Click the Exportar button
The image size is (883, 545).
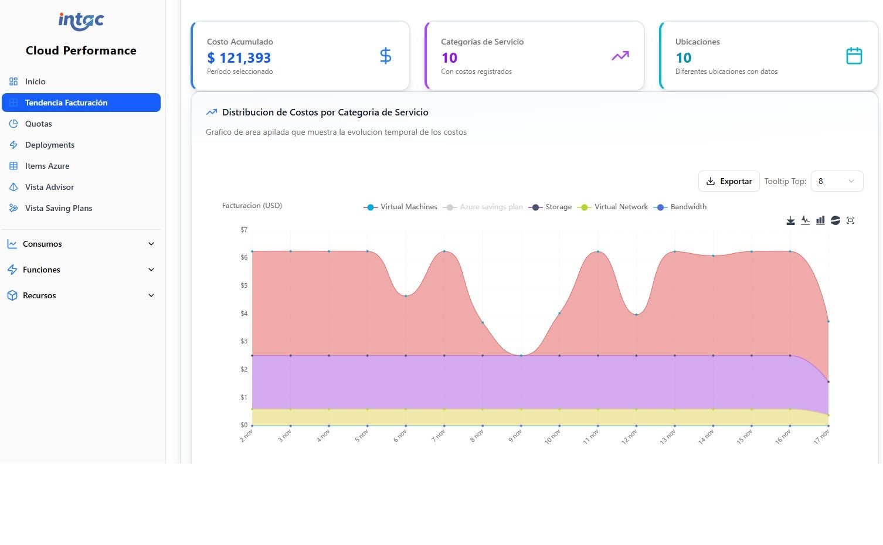[729, 182]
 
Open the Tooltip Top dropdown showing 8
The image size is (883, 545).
[837, 182]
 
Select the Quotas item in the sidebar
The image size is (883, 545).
[39, 124]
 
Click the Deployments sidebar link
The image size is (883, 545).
[50, 145]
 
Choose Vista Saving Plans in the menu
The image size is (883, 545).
[59, 208]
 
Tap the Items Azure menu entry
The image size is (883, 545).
[47, 166]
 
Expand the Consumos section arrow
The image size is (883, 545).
[151, 244]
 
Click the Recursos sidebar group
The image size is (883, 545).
[39, 295]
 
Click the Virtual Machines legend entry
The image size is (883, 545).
[400, 207]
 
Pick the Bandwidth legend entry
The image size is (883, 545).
[681, 207]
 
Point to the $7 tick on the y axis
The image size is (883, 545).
[244, 230]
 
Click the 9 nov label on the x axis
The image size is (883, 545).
[515, 435]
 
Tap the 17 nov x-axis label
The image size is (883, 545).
[821, 437]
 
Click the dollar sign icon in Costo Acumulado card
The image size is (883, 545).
[385, 56]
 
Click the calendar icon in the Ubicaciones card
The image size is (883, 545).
[854, 56]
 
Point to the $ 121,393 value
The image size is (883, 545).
[239, 58]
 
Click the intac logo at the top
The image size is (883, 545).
[81, 21]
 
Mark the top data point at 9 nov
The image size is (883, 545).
[521, 356]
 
